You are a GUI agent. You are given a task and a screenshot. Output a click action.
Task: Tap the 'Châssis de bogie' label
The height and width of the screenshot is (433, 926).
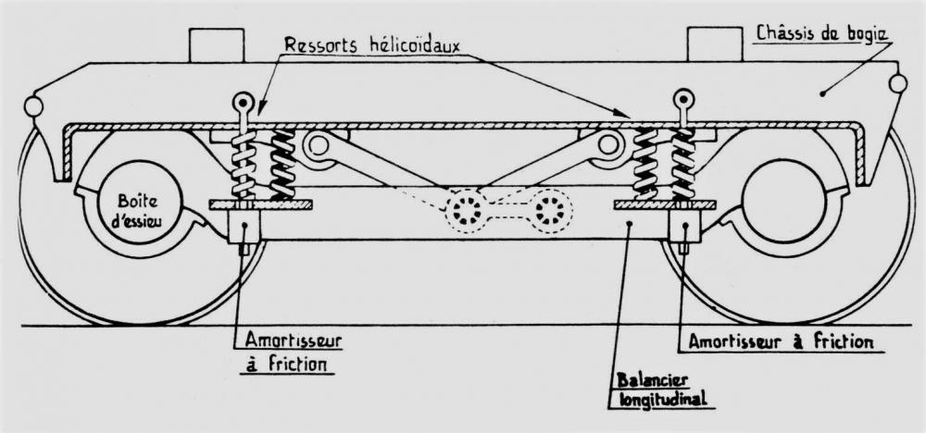[822, 35]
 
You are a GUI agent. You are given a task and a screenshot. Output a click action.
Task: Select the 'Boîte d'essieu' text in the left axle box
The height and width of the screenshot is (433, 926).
[132, 211]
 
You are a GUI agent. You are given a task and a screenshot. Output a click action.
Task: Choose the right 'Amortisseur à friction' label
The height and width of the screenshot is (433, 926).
[780, 341]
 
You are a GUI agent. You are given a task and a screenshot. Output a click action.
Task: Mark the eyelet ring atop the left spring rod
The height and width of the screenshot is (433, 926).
[244, 102]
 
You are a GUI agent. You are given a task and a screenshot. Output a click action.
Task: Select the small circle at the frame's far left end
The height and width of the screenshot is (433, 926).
[33, 106]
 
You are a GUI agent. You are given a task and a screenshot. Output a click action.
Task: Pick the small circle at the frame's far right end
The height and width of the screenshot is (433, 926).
[896, 83]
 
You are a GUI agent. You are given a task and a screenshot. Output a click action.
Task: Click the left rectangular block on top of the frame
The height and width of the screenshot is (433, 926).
[216, 44]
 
